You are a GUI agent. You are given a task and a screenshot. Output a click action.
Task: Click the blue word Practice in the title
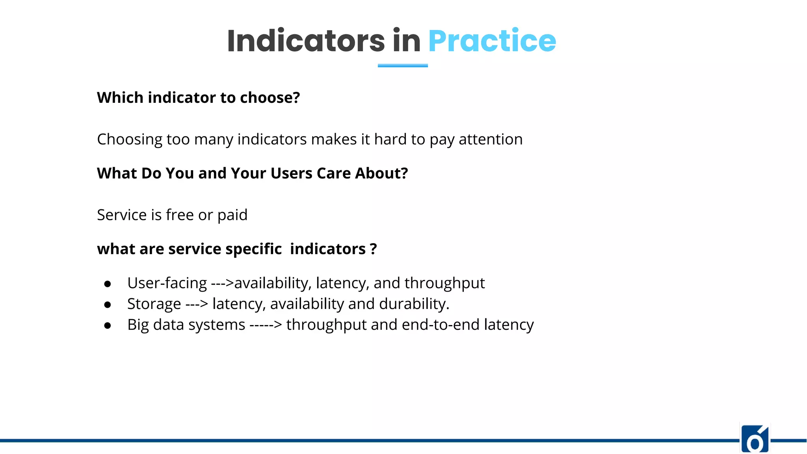[x=492, y=41]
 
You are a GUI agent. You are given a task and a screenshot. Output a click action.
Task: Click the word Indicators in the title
[x=306, y=41]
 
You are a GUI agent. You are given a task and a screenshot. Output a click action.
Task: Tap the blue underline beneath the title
[x=403, y=65]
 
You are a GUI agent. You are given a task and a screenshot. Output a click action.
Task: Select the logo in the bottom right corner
[x=755, y=439]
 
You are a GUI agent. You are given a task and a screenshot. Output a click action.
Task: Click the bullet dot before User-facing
[x=107, y=284]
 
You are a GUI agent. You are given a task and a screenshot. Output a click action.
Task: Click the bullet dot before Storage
[x=107, y=305]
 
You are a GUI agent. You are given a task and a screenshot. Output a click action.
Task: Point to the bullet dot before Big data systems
[x=107, y=326]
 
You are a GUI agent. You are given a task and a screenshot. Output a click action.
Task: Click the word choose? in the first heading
[x=270, y=98]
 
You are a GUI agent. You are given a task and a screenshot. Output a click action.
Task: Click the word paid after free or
[x=232, y=215]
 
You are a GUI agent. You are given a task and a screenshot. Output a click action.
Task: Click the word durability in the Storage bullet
[x=413, y=304]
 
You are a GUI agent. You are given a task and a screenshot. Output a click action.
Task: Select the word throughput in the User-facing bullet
[x=444, y=283]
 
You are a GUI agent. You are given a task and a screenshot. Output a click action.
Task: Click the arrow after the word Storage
[x=197, y=304]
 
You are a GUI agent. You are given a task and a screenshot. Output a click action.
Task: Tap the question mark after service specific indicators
[x=373, y=249]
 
